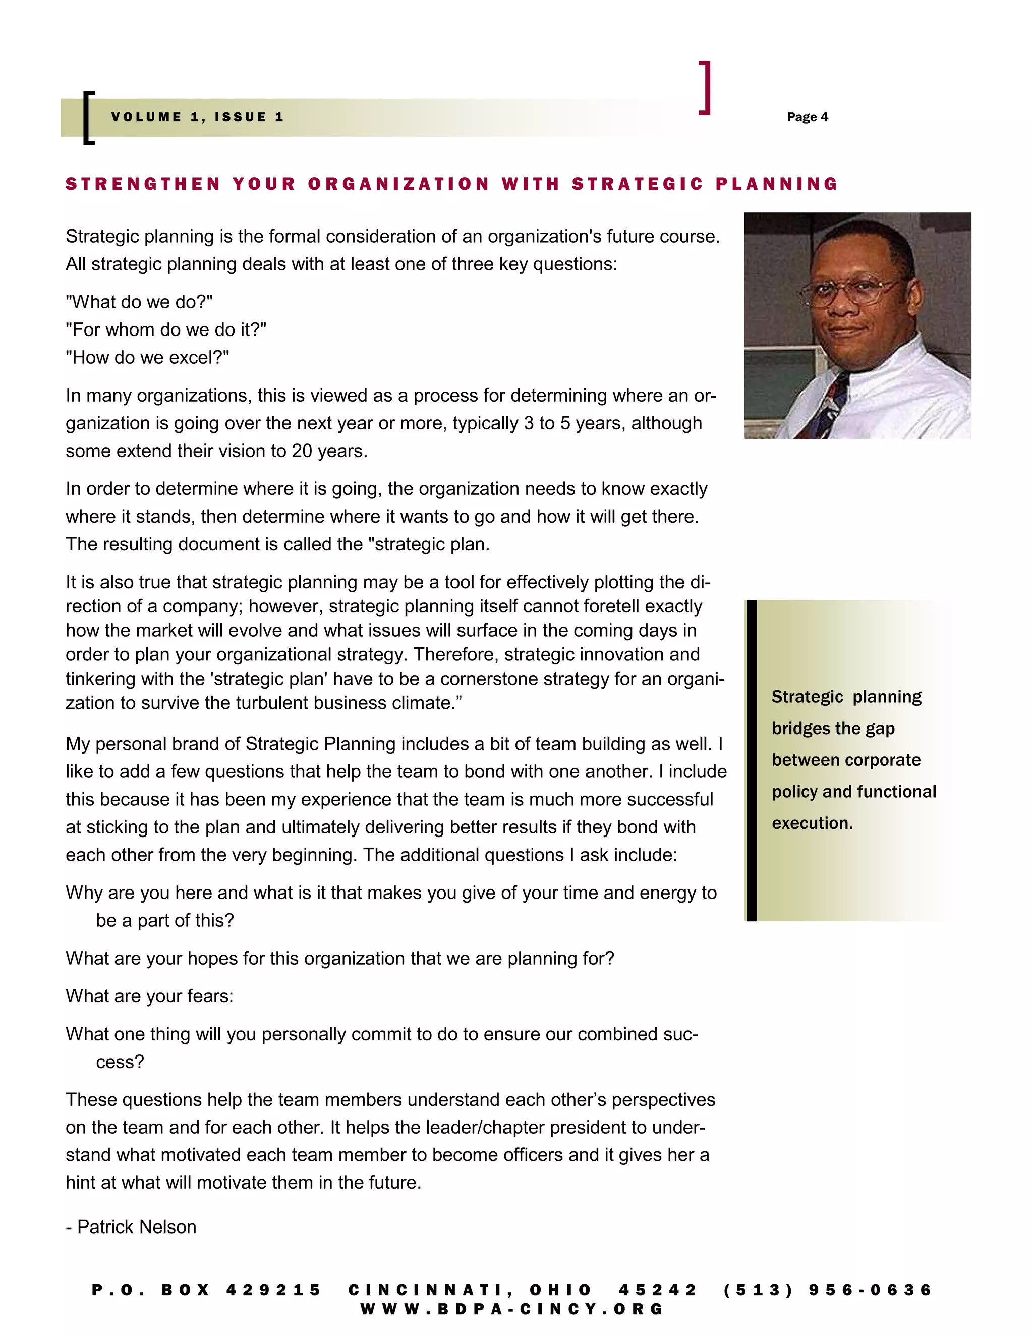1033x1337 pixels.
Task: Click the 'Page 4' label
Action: (807, 117)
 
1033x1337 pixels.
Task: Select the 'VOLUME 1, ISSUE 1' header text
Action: (198, 117)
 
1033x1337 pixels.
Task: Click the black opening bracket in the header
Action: (88, 118)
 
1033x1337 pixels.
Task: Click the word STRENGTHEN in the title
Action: (143, 184)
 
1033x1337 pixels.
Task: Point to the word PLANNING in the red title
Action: (777, 184)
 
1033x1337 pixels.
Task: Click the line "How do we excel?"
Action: (147, 358)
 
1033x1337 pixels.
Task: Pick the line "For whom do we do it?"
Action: (166, 330)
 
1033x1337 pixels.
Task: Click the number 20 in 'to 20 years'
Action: (302, 451)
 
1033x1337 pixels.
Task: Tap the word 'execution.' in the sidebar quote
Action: (812, 823)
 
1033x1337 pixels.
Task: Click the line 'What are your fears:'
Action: (149, 996)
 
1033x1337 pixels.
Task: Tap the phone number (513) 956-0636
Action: (827, 1291)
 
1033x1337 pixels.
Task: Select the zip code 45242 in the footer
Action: (657, 1291)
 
